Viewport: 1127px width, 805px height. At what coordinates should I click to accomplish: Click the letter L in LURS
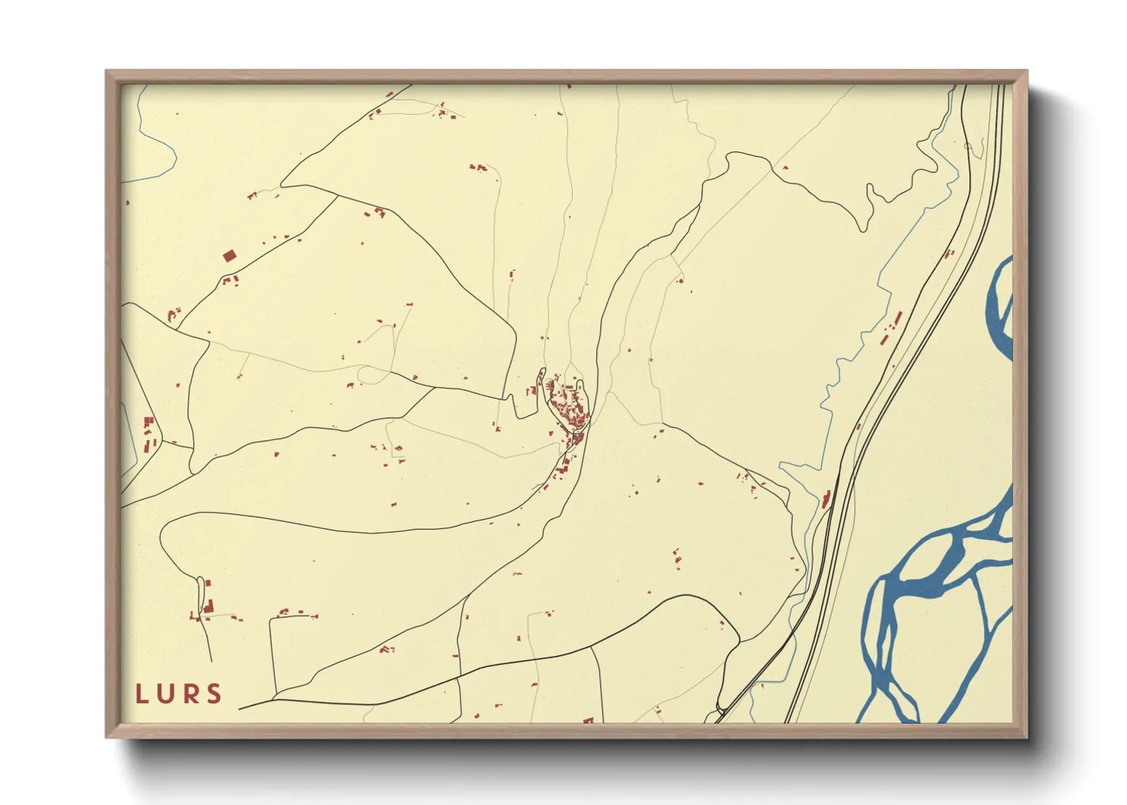142,694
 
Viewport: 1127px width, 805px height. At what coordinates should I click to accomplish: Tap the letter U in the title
167,694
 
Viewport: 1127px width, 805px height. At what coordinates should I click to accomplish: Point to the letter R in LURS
190,694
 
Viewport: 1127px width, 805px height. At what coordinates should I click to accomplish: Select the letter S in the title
215,694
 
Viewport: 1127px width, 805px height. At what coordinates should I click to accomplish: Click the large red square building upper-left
229,256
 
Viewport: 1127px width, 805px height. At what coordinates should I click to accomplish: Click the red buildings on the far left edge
148,434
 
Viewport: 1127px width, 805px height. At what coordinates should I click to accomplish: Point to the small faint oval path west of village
373,374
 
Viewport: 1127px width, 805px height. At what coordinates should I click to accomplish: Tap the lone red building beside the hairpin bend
785,167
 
